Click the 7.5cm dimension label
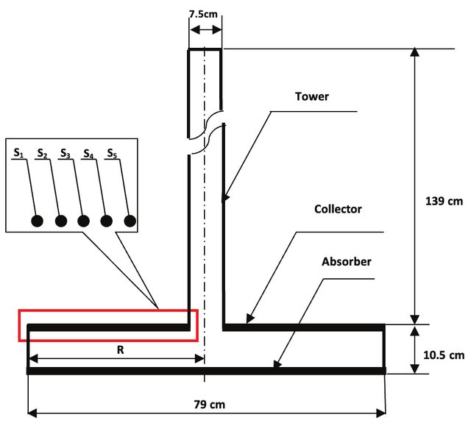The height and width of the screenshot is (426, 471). (203, 14)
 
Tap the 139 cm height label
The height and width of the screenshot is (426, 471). (444, 201)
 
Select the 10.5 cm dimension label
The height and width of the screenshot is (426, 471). (444, 355)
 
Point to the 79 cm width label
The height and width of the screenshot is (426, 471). (209, 405)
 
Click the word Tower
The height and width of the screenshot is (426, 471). (312, 96)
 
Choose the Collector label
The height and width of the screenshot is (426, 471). (338, 209)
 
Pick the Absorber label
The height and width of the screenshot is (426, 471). (347, 261)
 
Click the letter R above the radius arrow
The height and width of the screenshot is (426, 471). (120, 349)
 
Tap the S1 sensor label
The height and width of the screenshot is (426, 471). (18, 153)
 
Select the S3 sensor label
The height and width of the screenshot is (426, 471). (65, 153)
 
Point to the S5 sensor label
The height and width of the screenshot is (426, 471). (112, 153)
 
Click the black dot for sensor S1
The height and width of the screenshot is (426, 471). (37, 221)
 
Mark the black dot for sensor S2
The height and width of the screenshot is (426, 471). (61, 221)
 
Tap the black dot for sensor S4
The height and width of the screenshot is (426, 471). (106, 221)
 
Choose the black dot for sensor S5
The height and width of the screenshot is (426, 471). (130, 221)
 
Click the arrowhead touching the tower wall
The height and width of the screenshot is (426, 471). (226, 198)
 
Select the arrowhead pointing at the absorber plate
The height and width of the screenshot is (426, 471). (277, 363)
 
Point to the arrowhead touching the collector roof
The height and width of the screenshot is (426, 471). (249, 319)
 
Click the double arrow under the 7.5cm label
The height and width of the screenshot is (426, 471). (205, 29)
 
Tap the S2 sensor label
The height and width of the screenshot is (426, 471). (42, 153)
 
